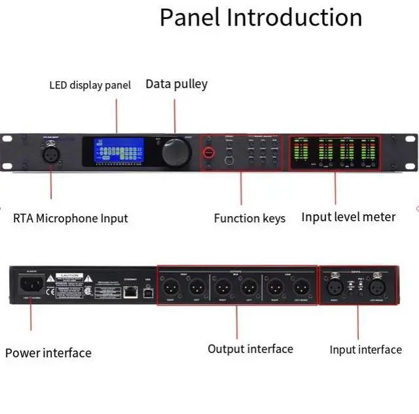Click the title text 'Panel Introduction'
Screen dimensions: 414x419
(x=261, y=18)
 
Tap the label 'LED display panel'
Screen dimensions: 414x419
(x=90, y=85)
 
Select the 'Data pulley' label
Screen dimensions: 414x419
(x=176, y=84)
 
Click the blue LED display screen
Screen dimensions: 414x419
(x=118, y=151)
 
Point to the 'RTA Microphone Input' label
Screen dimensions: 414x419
(x=71, y=218)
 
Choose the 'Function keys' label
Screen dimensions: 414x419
(x=249, y=218)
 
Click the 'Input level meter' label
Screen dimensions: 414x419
(x=348, y=217)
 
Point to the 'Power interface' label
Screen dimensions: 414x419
(x=48, y=353)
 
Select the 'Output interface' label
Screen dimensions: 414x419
(x=250, y=348)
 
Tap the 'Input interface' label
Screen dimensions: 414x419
(x=365, y=350)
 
